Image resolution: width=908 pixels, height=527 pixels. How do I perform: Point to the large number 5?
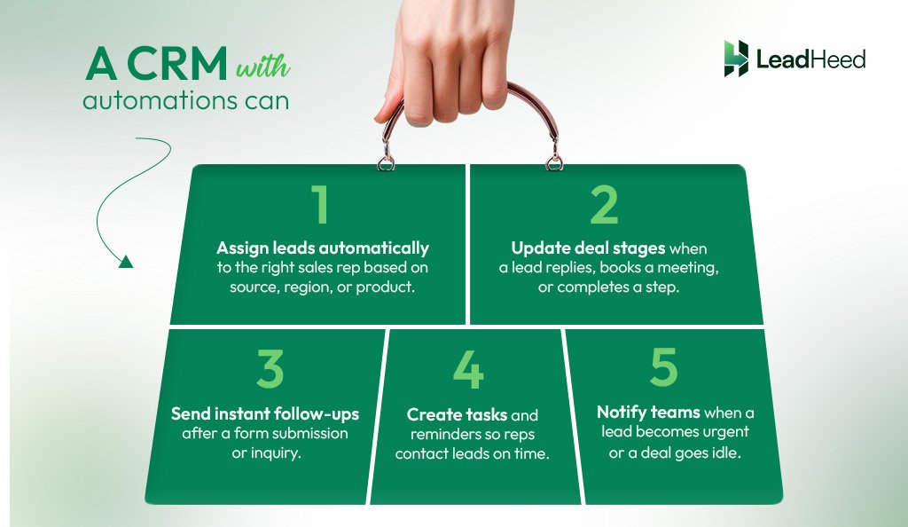tap(663, 366)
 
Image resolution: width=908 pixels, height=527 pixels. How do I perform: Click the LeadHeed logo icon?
tap(735, 59)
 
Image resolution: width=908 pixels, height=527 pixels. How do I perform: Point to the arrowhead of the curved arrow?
tap(125, 261)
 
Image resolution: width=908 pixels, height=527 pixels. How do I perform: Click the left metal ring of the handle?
tap(387, 161)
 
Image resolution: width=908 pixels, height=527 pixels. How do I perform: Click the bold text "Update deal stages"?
tap(589, 248)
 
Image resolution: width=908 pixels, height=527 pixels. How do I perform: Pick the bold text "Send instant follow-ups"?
tap(265, 414)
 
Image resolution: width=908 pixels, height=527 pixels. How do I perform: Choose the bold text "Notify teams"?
tap(648, 413)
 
